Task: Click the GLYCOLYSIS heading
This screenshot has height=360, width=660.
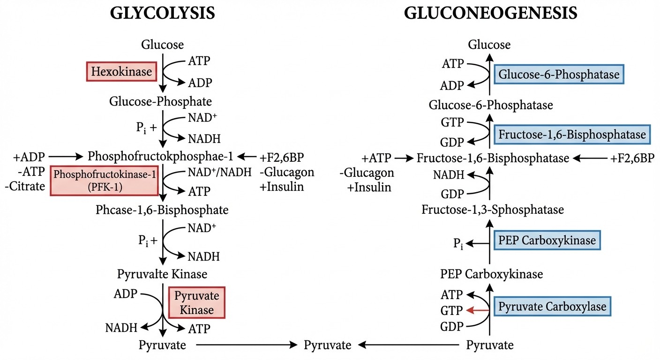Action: (162, 14)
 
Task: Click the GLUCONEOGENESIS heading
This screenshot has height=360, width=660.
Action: (490, 14)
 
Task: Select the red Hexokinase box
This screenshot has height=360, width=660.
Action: (121, 72)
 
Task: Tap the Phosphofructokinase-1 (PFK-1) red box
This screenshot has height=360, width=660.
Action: (104, 180)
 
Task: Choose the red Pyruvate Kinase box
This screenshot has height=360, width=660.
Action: (197, 302)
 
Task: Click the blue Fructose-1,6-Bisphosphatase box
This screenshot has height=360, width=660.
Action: (572, 135)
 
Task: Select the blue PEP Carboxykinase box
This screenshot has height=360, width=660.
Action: (547, 240)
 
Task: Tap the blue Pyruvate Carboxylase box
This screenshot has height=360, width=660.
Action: (552, 307)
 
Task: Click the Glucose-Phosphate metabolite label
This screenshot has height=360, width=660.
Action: (160, 101)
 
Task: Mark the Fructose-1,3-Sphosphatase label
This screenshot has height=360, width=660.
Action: (493, 210)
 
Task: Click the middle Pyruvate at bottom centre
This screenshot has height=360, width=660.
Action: (328, 345)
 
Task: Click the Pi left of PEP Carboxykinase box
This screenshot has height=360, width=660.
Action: (458, 244)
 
